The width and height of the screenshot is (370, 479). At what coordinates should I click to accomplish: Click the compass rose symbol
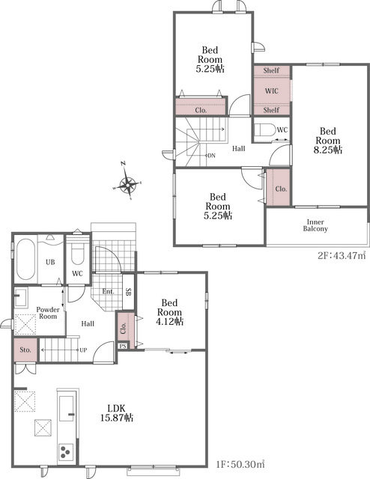pos(128,184)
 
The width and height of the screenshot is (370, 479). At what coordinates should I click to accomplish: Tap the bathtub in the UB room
pos(25,260)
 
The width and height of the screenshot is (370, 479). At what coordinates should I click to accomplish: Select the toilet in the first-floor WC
pos(77,253)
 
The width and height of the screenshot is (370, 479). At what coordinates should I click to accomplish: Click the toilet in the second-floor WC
pos(264,129)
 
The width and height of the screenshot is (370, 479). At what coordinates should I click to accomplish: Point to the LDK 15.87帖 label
pos(117,412)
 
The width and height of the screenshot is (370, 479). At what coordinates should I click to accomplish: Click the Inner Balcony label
pos(315,225)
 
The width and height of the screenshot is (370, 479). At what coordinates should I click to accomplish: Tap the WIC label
pos(272,91)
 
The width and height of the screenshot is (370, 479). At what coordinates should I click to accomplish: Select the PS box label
pos(123,346)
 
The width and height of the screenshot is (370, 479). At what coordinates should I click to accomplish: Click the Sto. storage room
pos(25,350)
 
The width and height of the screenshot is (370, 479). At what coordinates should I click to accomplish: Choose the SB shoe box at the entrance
pos(128,292)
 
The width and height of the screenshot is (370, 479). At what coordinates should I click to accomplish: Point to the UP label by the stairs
pos(83,350)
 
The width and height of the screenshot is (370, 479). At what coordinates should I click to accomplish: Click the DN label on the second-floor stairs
pos(212,156)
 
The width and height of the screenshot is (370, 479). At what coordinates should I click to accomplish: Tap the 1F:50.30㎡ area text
pos(240,465)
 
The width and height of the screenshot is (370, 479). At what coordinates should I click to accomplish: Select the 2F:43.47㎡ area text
pos(342,255)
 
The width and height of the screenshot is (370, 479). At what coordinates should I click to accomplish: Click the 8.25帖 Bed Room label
pos(328,141)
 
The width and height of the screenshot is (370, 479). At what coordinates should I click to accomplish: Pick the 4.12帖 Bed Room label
pos(170,312)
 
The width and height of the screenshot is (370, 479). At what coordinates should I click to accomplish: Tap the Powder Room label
pos(48,313)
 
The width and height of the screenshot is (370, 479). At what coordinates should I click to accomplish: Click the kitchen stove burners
pos(66,452)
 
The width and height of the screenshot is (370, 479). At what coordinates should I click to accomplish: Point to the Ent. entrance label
pos(108,291)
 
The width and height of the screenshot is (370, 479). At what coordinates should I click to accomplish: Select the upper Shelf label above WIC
pos(271,70)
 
